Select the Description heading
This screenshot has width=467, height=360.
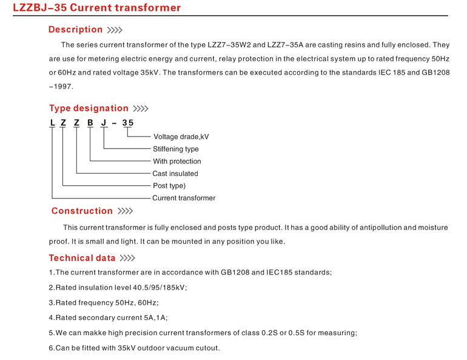pyautogui.click(x=75, y=29)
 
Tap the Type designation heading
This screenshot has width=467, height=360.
pyautogui.click(x=89, y=108)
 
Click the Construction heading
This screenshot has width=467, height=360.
pyautogui.click(x=82, y=211)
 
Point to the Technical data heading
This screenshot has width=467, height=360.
pyautogui.click(x=82, y=258)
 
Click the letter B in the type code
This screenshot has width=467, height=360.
pyautogui.click(x=90, y=123)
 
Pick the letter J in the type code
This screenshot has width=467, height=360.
pyautogui.click(x=103, y=123)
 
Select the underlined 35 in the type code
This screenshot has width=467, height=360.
pyautogui.click(x=127, y=123)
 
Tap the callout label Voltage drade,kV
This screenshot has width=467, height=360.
pyautogui.click(x=181, y=137)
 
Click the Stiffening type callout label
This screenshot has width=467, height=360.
pyautogui.click(x=175, y=149)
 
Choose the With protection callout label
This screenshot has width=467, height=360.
pyautogui.click(x=176, y=161)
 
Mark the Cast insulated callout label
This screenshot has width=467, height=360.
pyautogui.click(x=175, y=174)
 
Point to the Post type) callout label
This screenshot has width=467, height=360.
pyautogui.click(x=169, y=186)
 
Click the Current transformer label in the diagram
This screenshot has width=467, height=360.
pyautogui.click(x=183, y=198)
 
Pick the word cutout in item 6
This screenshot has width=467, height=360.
pyautogui.click(x=206, y=348)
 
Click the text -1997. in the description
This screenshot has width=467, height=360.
pyautogui.click(x=61, y=86)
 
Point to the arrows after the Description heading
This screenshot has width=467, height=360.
pyautogui.click(x=115, y=30)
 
